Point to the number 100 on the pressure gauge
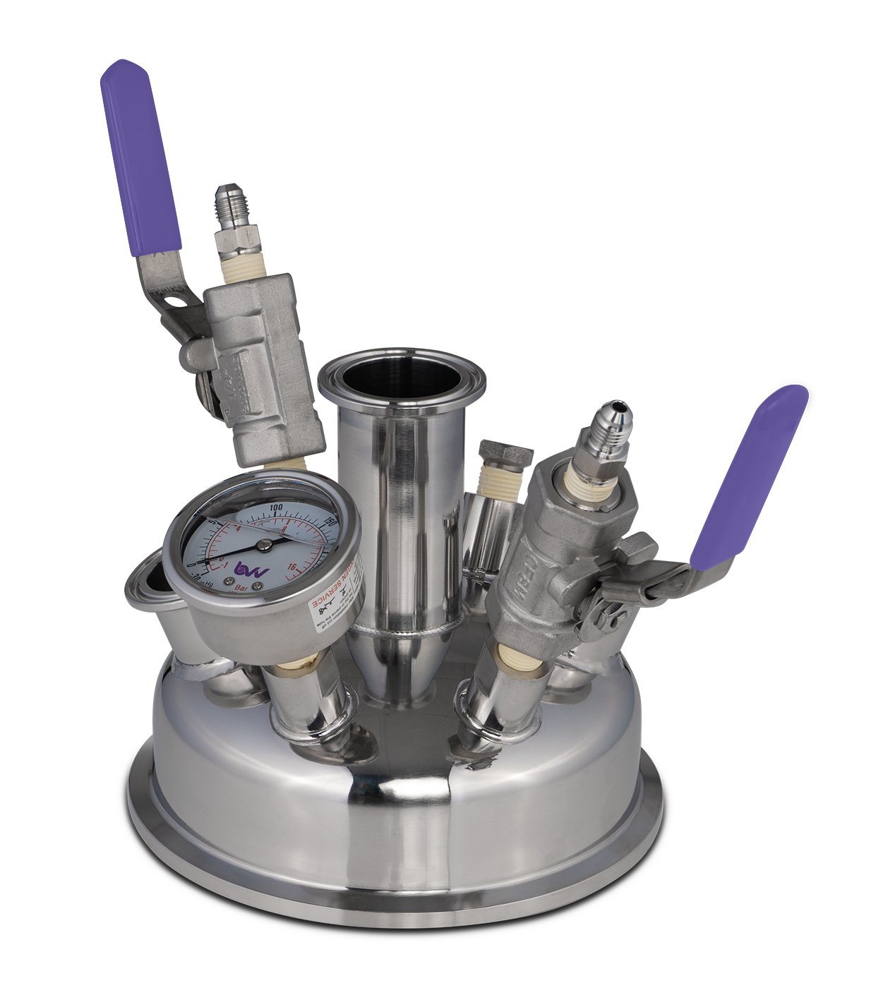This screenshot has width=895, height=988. coord(276,507)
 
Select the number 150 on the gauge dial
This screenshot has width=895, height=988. coord(328,523)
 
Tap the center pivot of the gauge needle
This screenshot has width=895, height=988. coord(264,544)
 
